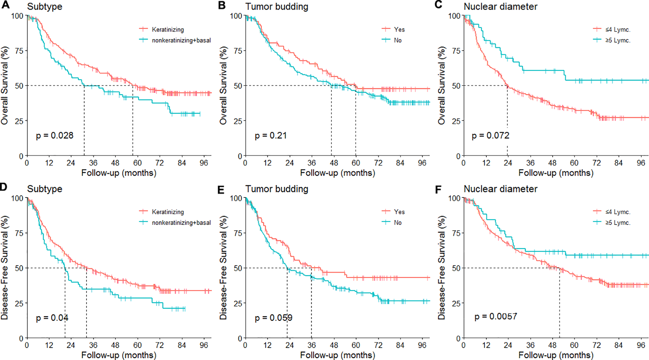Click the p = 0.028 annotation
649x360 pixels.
pos(55,136)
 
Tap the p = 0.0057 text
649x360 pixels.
pos(496,316)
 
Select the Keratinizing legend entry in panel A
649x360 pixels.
pos(168,30)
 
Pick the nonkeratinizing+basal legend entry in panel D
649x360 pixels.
pos(181,223)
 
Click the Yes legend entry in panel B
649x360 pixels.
pos(399,30)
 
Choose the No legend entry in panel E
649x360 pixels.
pos(398,223)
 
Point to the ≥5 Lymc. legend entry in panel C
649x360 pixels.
pos(618,40)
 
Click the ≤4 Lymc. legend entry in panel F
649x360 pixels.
pos(618,212)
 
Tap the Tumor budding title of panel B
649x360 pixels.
pos(277,7)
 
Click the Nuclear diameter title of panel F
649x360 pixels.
pos(500,189)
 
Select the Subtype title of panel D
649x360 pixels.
pos(45,189)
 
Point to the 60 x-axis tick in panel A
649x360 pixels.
pos(137,163)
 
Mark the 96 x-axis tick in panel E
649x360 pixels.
pos(422,345)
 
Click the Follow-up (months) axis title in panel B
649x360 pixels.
pos(337,173)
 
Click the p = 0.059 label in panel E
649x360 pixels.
pos(274,318)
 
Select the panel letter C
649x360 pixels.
pos(438,5)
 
